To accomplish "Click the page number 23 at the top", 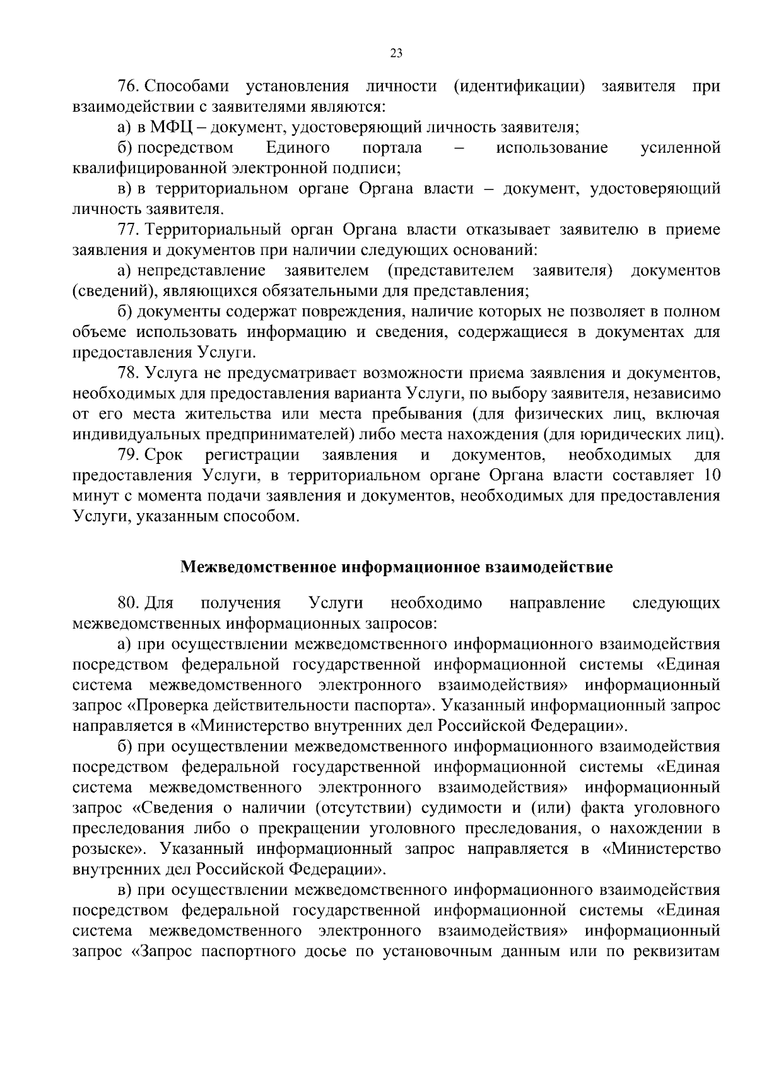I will pos(396,53).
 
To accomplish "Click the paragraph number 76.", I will pos(126,86).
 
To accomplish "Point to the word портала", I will pos(392,148).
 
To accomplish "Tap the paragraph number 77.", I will pos(126,229).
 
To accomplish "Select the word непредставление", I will pos(201,271).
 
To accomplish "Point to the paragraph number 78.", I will pos(126,374).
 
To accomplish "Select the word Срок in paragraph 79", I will pos(163,455).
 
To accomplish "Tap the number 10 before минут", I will pos(712,475).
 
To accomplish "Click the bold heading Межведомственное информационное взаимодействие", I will pos(397,567).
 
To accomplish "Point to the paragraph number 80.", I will pos(126,603).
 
